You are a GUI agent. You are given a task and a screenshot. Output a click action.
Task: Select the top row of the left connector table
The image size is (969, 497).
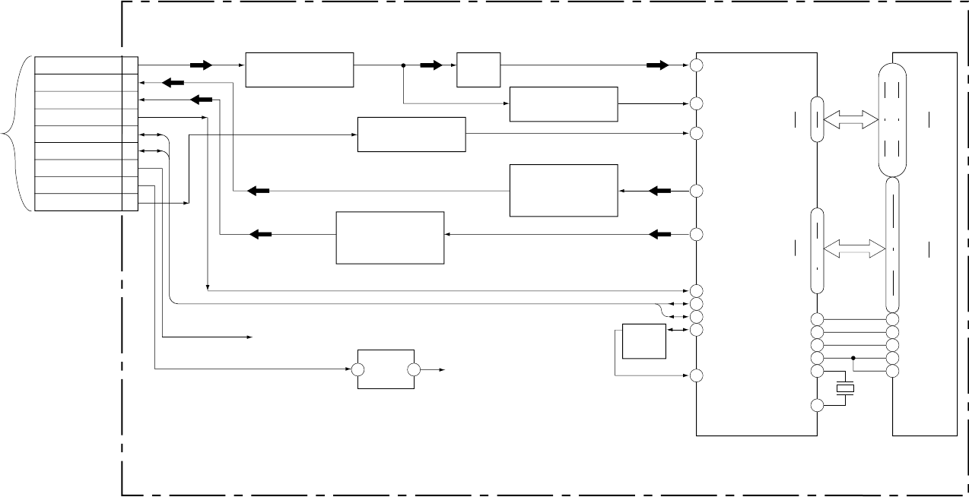point(79,65)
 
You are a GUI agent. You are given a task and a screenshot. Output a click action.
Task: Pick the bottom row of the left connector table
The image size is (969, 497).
point(79,202)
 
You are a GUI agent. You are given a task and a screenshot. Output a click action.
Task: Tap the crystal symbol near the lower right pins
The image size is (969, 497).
point(844,388)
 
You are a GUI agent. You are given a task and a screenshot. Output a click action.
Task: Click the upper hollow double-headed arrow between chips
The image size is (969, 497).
point(848,118)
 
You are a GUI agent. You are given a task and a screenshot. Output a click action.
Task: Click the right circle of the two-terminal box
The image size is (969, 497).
point(414,370)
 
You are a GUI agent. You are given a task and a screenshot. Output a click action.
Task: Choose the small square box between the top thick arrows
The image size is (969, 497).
point(478,71)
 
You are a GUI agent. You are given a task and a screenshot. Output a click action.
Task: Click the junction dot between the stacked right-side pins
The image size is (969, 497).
point(853,357)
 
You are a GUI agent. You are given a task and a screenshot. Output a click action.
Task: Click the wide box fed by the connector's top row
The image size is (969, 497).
point(300,71)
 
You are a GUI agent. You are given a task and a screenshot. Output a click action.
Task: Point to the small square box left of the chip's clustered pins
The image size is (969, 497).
point(644,341)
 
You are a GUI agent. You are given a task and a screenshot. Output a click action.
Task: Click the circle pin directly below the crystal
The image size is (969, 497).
point(817,406)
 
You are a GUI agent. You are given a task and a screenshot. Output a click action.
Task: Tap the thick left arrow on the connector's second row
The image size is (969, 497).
point(173,82)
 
